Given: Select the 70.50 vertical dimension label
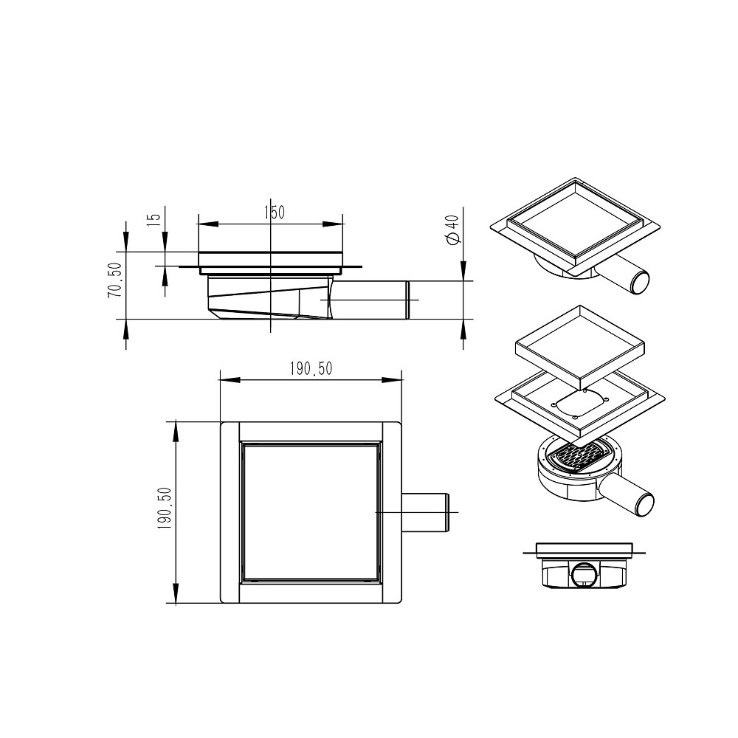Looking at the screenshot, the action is (115, 280).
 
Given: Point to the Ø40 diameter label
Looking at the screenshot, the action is (452, 230).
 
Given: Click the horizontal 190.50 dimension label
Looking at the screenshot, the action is (311, 368).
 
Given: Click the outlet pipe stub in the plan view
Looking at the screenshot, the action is (426, 512).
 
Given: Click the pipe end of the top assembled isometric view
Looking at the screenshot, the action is (640, 283).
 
